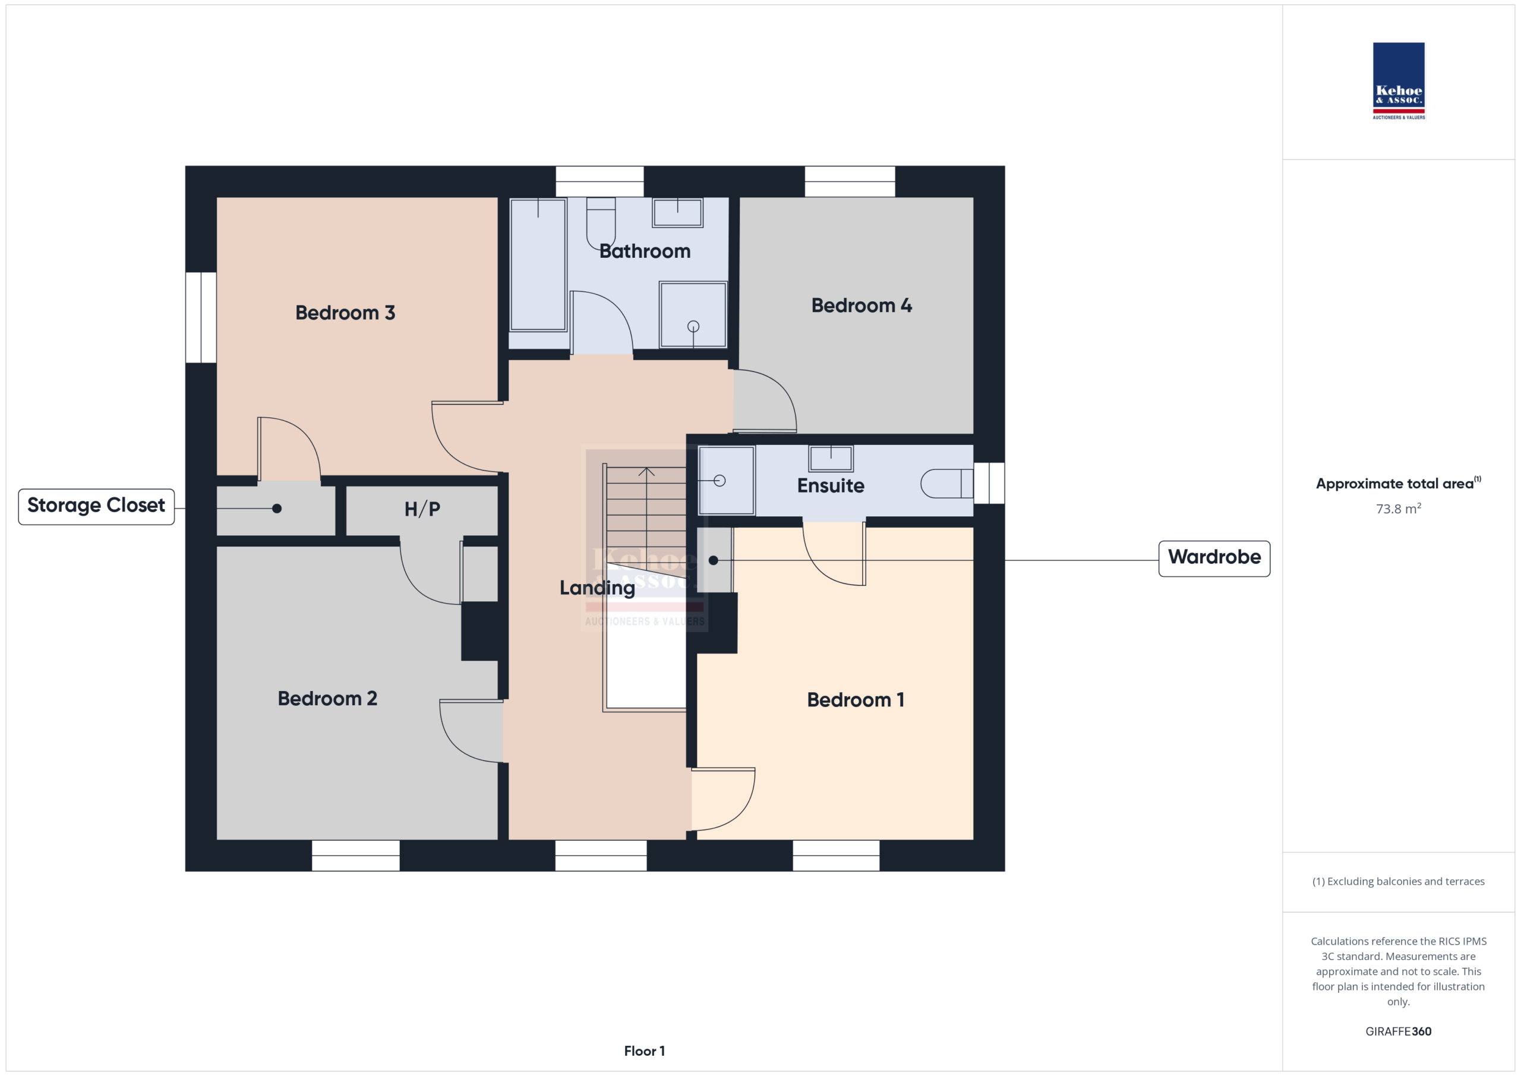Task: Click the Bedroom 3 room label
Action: (345, 313)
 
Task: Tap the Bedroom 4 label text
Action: (861, 305)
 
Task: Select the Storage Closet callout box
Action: (97, 507)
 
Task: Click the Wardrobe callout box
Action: (1214, 558)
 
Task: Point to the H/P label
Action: (422, 509)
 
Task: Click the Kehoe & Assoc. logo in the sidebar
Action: (1399, 81)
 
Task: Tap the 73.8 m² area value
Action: (1399, 509)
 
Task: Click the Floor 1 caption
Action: (644, 1051)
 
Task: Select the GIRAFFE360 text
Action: (1399, 1031)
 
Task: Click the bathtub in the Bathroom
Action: (538, 264)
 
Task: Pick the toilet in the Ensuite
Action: (946, 483)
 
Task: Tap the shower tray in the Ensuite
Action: (727, 480)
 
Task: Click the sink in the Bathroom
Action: (677, 213)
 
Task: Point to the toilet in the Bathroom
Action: (601, 223)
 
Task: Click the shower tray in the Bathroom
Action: (693, 315)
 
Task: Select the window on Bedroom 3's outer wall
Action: (201, 317)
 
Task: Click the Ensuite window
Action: (989, 483)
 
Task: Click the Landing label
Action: (597, 588)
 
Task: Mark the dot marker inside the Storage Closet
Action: (277, 509)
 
